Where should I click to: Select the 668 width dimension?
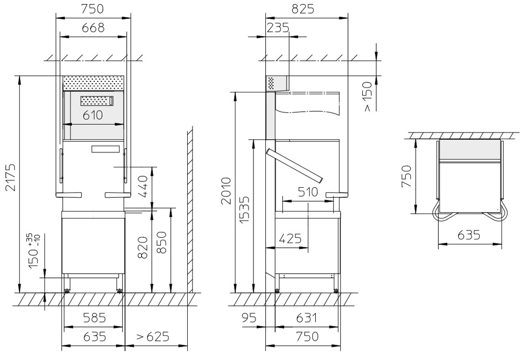(x=93, y=27)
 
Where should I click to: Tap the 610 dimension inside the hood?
(x=93, y=115)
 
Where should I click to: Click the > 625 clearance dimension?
(x=153, y=336)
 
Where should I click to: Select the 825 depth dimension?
(x=303, y=9)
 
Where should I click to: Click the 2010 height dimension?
(x=227, y=191)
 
